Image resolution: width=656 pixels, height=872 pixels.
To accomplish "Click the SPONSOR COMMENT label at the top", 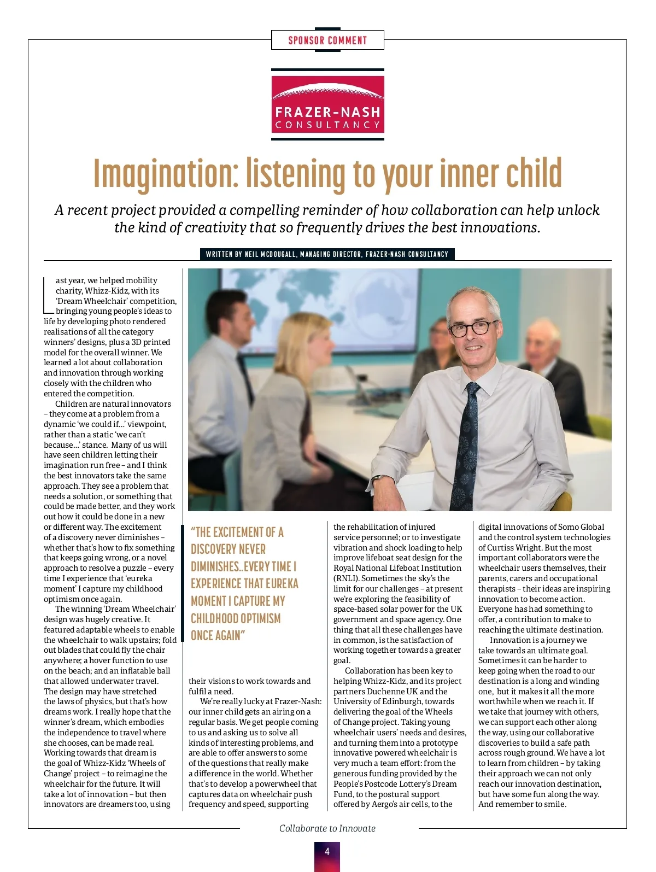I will (x=327, y=40).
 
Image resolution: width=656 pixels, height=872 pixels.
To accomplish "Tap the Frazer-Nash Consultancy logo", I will (x=327, y=104).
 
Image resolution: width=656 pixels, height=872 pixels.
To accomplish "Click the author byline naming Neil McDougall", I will (x=327, y=254).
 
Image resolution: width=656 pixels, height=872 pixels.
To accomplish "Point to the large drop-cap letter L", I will (x=48, y=296).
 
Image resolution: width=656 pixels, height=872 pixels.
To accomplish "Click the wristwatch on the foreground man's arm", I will (x=377, y=479).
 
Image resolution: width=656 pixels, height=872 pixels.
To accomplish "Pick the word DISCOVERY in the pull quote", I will (x=228, y=549).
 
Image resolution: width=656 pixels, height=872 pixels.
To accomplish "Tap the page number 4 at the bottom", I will (x=327, y=851).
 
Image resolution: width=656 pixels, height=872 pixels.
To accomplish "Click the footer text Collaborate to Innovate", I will (x=327, y=828).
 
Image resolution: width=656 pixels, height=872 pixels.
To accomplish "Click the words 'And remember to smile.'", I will (x=522, y=804).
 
